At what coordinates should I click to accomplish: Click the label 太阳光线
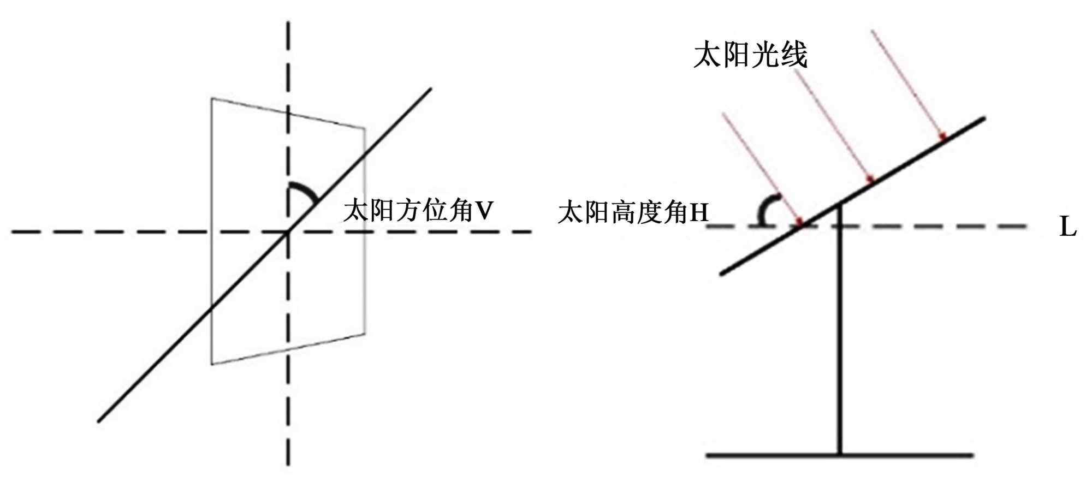click(750, 55)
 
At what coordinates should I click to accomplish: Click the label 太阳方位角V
click(418, 211)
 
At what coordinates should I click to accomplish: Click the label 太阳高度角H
click(632, 212)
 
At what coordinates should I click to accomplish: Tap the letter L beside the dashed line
click(1067, 227)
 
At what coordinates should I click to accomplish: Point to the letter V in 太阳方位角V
click(484, 211)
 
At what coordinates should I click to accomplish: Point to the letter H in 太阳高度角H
click(699, 213)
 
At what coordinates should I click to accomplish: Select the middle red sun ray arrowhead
click(871, 179)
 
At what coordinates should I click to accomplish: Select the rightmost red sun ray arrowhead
click(942, 135)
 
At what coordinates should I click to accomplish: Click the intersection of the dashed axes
click(288, 232)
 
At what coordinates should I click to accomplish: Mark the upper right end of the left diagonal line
click(430, 89)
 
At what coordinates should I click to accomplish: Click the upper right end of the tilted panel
click(983, 118)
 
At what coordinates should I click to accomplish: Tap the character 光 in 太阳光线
click(764, 55)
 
